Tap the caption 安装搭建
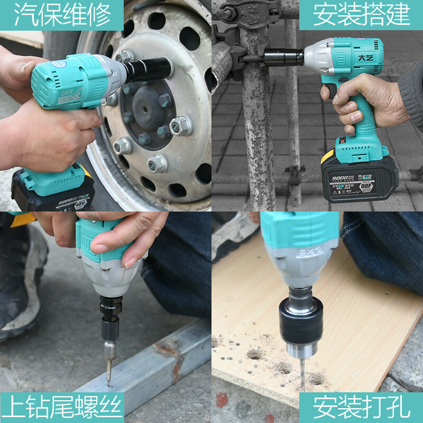tap(361, 15)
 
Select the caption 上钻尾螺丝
tap(62, 408)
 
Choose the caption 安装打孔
tap(361, 408)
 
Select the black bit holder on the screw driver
tap(111, 317)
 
